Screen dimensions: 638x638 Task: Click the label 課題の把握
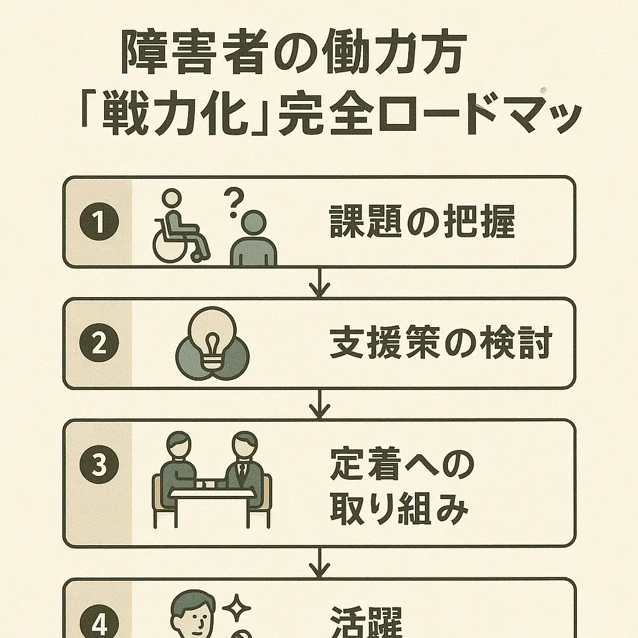coord(422,222)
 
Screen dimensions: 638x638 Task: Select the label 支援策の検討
coord(440,344)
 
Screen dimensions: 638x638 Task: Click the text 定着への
coord(402,464)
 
